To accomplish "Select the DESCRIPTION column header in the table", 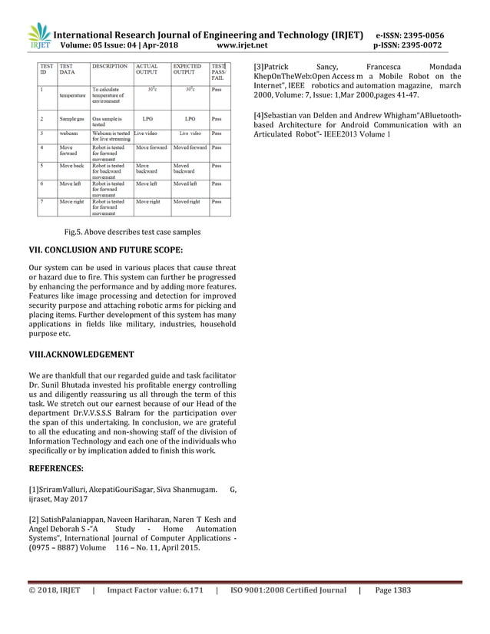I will tap(109, 67).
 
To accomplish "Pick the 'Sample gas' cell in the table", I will tap(72, 120).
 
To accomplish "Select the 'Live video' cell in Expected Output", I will tap(190, 134).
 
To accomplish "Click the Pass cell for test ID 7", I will tap(217, 202).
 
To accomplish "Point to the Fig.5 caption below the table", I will tap(132, 232).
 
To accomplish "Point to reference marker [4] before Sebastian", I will tap(259, 115).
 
